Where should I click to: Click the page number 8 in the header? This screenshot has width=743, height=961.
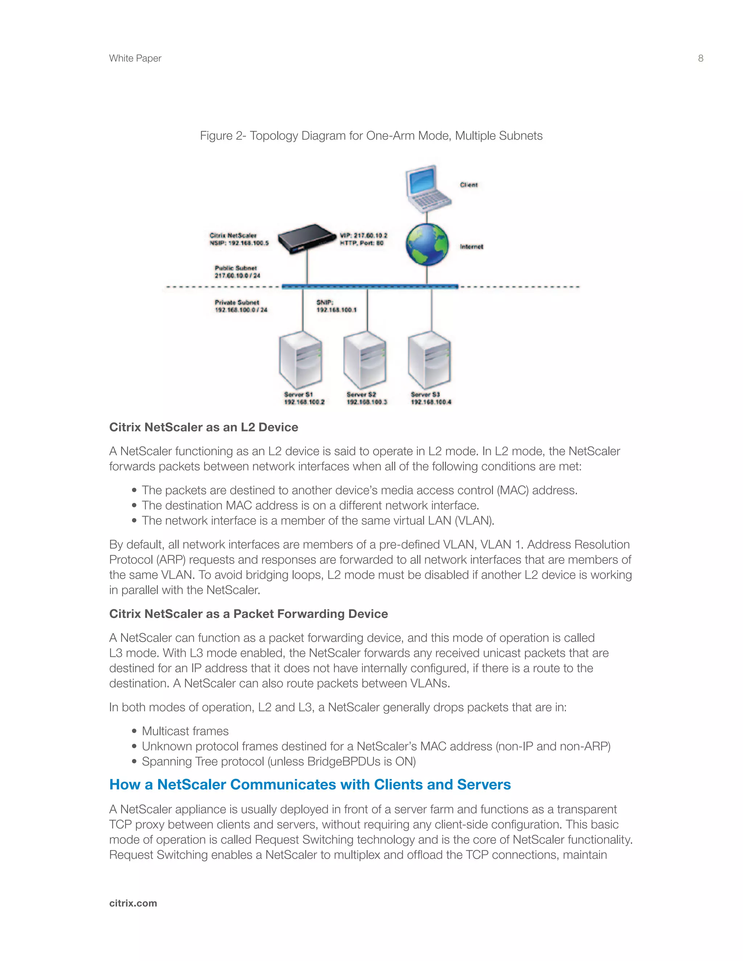(x=700, y=58)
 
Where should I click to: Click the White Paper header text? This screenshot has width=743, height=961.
(x=135, y=58)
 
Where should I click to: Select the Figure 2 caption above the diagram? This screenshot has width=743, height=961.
(x=371, y=136)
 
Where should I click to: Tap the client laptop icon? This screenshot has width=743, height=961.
(x=427, y=188)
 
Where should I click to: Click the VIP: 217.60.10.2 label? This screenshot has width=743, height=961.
(x=364, y=235)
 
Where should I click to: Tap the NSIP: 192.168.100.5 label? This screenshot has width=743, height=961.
(x=239, y=243)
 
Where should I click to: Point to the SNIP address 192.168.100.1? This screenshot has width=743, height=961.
(x=337, y=310)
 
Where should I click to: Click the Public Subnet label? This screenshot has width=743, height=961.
(x=236, y=268)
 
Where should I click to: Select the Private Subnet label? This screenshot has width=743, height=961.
(x=237, y=303)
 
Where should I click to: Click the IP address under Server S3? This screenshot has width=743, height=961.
(x=431, y=402)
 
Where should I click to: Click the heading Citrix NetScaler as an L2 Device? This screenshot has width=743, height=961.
(x=204, y=427)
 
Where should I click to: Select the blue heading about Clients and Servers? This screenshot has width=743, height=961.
(x=310, y=784)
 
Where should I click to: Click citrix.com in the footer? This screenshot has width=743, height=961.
(x=133, y=903)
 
